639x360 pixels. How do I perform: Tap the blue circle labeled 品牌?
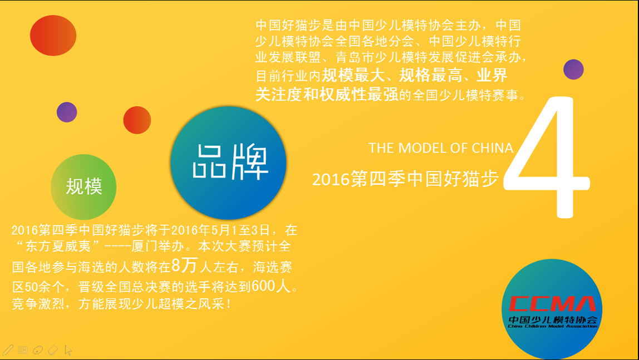(228, 163)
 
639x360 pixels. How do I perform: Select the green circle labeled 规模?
(83, 187)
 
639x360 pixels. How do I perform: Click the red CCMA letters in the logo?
(552, 303)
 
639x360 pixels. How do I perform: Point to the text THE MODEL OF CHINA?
(441, 148)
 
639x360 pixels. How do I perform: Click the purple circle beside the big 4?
(573, 69)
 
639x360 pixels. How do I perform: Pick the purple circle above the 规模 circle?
(67, 112)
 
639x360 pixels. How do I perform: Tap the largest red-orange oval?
(53, 36)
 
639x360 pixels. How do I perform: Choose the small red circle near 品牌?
(137, 120)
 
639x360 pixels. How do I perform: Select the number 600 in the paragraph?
(263, 286)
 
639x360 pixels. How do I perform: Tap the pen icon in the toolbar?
(8, 350)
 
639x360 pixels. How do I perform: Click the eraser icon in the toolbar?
(53, 350)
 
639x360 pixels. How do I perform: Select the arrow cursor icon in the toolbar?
(68, 350)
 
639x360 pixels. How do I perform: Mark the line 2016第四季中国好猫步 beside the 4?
(405, 179)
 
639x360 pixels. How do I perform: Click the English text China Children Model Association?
(553, 326)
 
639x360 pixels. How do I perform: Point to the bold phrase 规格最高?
(430, 75)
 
